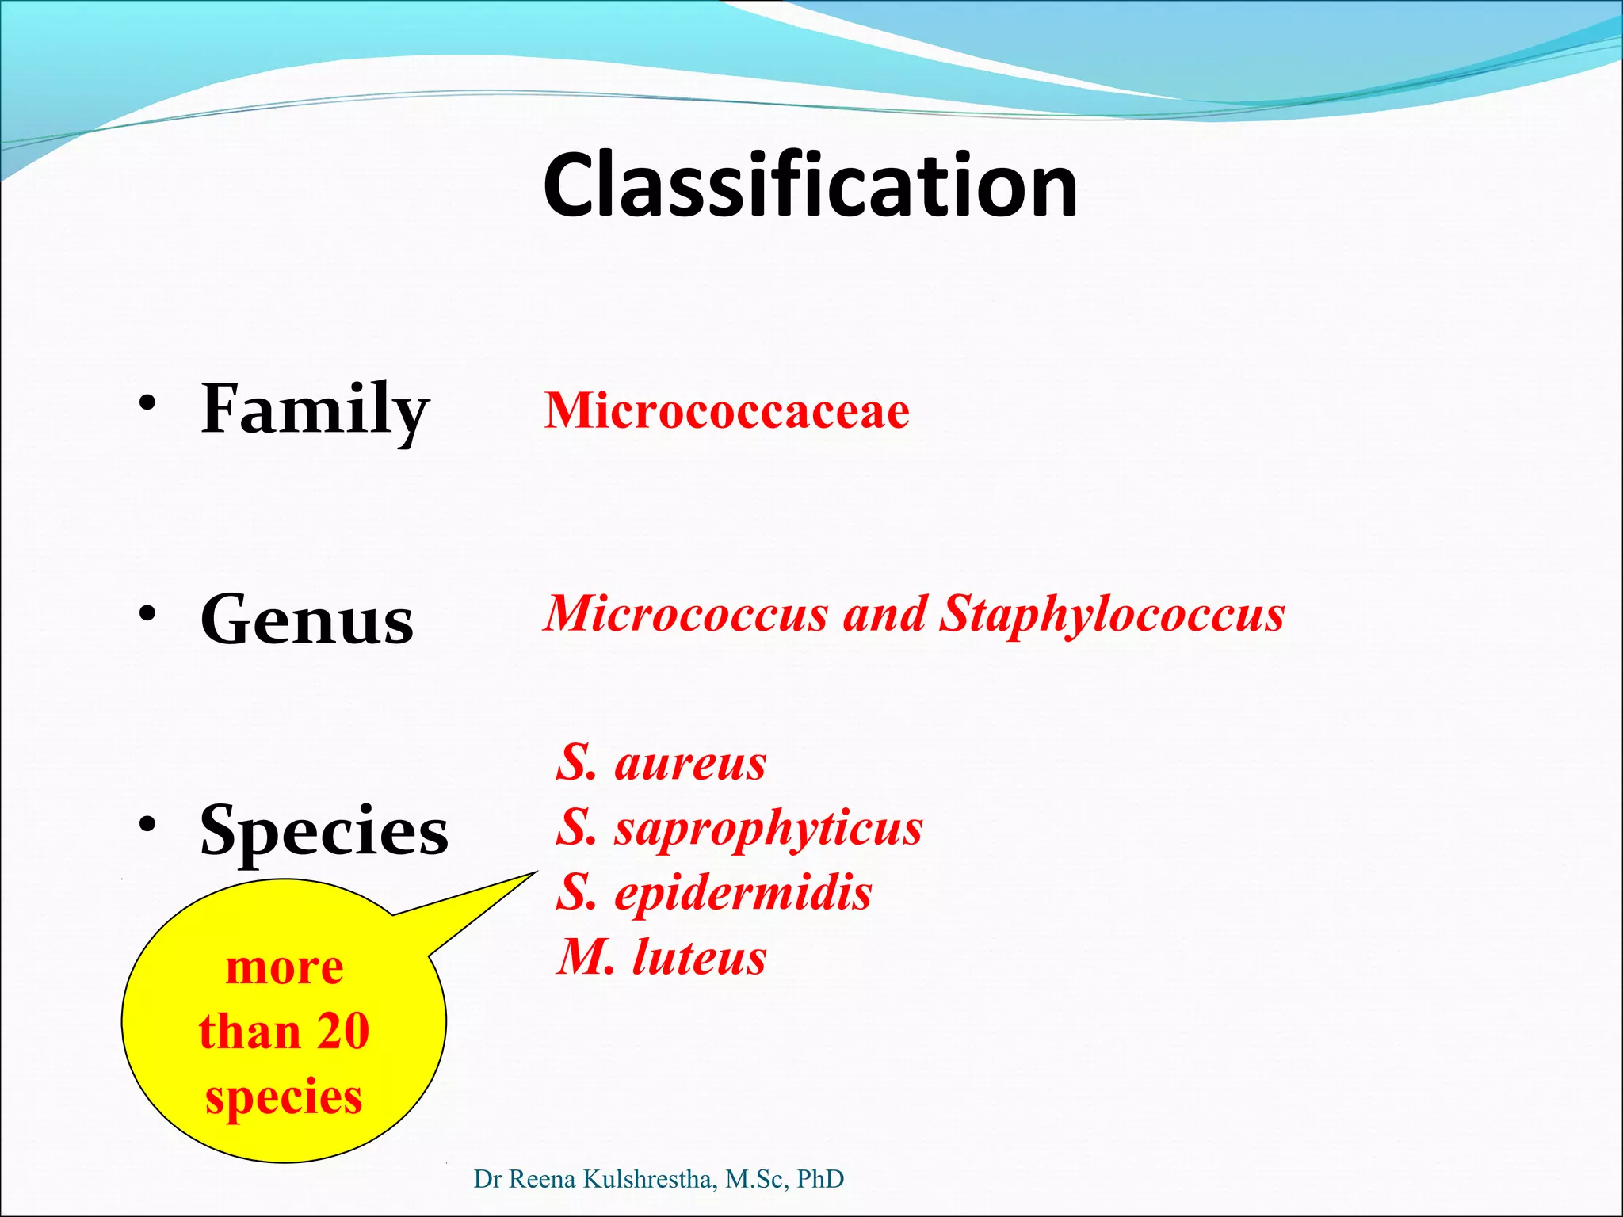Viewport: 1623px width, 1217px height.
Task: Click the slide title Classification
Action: tap(810, 185)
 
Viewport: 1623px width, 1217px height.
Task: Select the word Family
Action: tap(315, 410)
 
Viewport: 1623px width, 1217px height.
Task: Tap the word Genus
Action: tap(307, 620)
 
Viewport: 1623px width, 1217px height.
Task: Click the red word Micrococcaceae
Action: tap(727, 411)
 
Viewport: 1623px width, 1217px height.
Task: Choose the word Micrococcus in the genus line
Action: tap(686, 614)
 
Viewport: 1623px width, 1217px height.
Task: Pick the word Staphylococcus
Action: tap(1111, 614)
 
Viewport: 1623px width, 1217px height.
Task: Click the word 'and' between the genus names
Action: tap(884, 614)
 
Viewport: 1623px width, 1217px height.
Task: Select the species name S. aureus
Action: tap(661, 763)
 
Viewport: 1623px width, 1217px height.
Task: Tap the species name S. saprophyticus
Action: tap(739, 828)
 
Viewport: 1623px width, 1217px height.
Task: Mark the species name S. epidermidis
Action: tap(713, 893)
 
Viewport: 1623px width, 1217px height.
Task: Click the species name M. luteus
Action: tap(661, 957)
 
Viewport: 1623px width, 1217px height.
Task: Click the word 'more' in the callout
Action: tap(285, 968)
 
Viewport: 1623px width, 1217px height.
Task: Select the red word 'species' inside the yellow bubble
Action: tap(284, 1097)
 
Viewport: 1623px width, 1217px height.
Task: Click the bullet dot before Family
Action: tap(147, 404)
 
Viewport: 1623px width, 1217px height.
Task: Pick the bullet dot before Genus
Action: tap(147, 614)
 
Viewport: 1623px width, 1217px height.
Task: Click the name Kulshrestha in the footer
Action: tap(650, 1179)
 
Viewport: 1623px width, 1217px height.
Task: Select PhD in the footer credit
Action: tap(820, 1179)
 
